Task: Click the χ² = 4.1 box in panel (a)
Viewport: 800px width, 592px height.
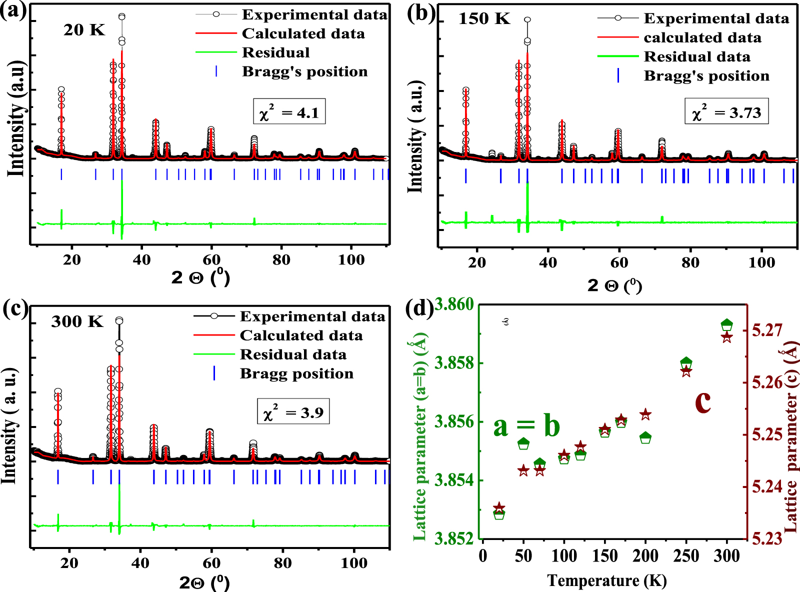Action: [x=289, y=111]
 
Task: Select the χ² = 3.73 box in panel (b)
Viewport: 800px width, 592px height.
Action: [x=726, y=111]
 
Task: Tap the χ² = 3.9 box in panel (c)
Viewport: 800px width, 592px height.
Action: [x=293, y=411]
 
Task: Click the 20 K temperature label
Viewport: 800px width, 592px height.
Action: [x=84, y=30]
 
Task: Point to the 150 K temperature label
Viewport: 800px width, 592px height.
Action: [x=484, y=19]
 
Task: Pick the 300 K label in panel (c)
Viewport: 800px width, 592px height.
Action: [x=77, y=321]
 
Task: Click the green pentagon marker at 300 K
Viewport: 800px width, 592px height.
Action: [x=727, y=325]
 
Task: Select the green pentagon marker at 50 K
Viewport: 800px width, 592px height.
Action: [x=523, y=443]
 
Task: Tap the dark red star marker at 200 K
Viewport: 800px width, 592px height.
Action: [x=645, y=414]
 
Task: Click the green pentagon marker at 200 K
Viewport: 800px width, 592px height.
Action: [x=645, y=438]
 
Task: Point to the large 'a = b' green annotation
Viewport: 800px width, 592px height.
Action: [x=526, y=426]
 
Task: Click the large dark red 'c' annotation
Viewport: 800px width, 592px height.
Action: [x=702, y=401]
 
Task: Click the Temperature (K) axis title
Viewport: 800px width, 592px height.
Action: [x=606, y=580]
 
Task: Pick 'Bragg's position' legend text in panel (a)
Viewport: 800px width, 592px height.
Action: [x=304, y=71]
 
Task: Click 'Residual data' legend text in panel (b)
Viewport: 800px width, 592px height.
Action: [x=697, y=56]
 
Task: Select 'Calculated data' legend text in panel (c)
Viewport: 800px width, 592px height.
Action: [x=301, y=335]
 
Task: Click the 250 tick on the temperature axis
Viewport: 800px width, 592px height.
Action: [x=686, y=555]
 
